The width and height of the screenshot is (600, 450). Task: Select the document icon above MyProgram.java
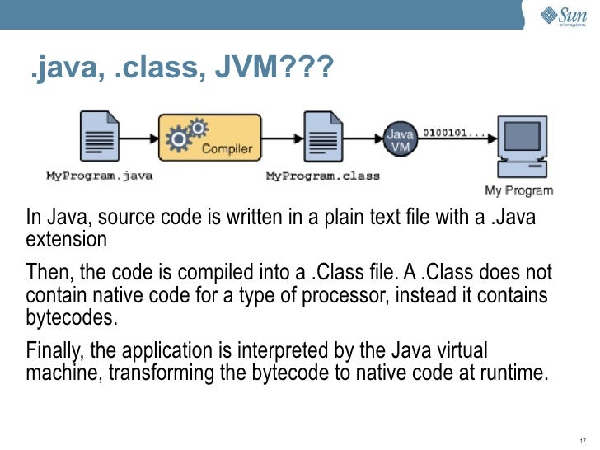(x=98, y=138)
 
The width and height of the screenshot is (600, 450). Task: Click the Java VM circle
(x=401, y=138)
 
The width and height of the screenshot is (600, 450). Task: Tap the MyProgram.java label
(x=99, y=176)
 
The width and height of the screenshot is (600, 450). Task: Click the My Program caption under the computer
(x=518, y=191)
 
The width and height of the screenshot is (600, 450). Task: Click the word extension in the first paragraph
(x=66, y=241)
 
